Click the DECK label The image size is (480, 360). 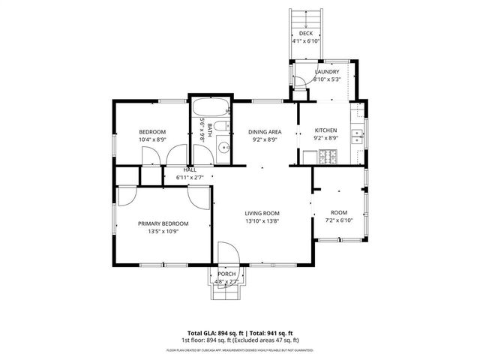pyautogui.click(x=305, y=34)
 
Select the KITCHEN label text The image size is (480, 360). pyautogui.click(x=325, y=130)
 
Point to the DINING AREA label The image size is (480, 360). pyautogui.click(x=265, y=131)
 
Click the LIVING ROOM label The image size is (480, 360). pyautogui.click(x=262, y=213)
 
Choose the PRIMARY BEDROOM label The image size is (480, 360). pyautogui.click(x=163, y=223)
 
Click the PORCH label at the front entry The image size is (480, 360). pyautogui.click(x=226, y=274)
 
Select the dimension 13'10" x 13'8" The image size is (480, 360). pyautogui.click(x=262, y=221)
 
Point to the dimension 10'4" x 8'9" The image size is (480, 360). pyautogui.click(x=152, y=139)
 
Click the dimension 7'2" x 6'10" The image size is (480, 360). pyautogui.click(x=339, y=221)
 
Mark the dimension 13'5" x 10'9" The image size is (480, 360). pyautogui.click(x=163, y=232)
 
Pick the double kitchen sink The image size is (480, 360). pyautogui.click(x=358, y=136)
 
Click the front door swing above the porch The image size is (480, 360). pyautogui.click(x=227, y=253)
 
